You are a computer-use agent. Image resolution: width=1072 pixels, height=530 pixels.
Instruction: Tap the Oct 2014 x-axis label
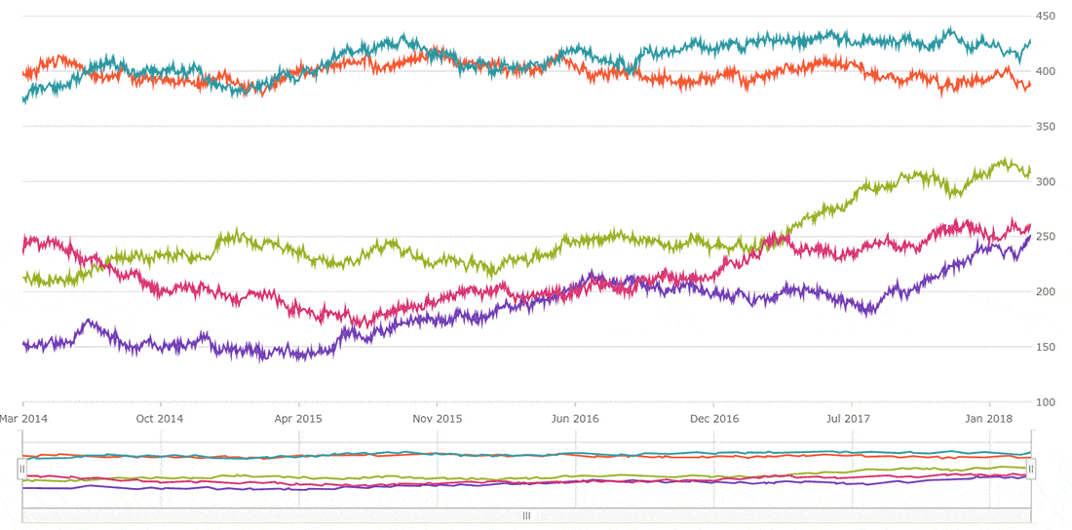pos(160,419)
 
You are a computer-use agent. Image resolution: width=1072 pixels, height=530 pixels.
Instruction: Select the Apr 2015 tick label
pos(298,419)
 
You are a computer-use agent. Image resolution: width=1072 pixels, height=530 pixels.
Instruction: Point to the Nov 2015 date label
pos(437,419)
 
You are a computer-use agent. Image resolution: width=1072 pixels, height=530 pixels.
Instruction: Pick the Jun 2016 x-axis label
pos(575,419)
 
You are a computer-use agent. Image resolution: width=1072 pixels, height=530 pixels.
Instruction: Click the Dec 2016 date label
pos(713,419)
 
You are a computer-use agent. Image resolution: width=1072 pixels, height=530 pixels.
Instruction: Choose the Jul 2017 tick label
pos(852,419)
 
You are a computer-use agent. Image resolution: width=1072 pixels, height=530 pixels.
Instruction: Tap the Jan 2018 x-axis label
pos(990,419)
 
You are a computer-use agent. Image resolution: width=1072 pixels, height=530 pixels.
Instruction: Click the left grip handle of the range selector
pos(21,470)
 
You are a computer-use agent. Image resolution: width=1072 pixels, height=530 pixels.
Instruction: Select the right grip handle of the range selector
pos(1031,470)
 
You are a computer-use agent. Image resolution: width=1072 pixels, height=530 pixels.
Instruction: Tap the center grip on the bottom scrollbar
pos(526,515)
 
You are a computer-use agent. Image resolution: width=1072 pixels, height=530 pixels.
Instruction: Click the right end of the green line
pos(1029,167)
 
